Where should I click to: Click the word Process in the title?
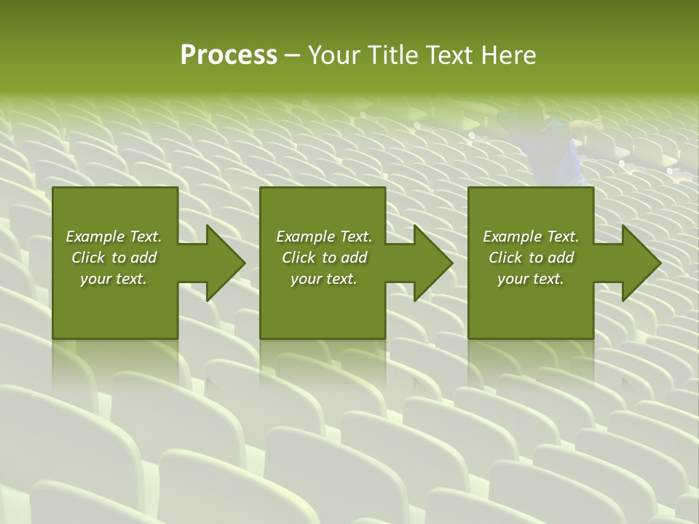coord(229,55)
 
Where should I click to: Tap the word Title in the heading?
coord(392,55)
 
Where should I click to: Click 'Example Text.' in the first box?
coord(114,237)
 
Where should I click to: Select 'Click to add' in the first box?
coord(114,258)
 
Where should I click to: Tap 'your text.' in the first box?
coord(114,279)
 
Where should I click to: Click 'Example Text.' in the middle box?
coord(324,237)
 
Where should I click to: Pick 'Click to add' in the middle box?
coord(324,258)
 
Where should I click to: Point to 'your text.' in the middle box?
coord(324,279)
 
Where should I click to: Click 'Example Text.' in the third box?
coord(531,237)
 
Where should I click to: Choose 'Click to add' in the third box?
coord(531,258)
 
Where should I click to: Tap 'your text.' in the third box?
coord(531,279)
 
